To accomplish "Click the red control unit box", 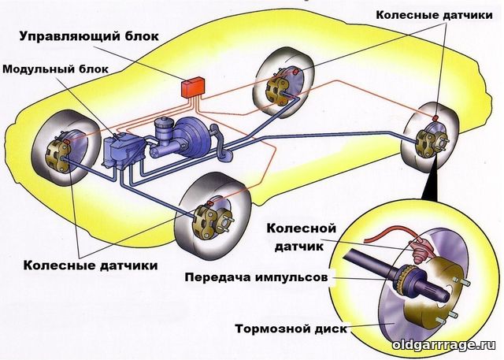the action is pos(193,87).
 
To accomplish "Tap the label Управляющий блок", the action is pos(89,36).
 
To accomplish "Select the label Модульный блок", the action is pos(56,69).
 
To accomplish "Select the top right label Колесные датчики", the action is pos(434,15).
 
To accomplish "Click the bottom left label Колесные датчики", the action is pos(91,265).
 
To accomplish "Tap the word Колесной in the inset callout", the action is pos(301,228).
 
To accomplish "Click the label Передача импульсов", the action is pos(256,277).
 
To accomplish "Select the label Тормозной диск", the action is pos(291,328).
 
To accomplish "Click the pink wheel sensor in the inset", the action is pos(420,250).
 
